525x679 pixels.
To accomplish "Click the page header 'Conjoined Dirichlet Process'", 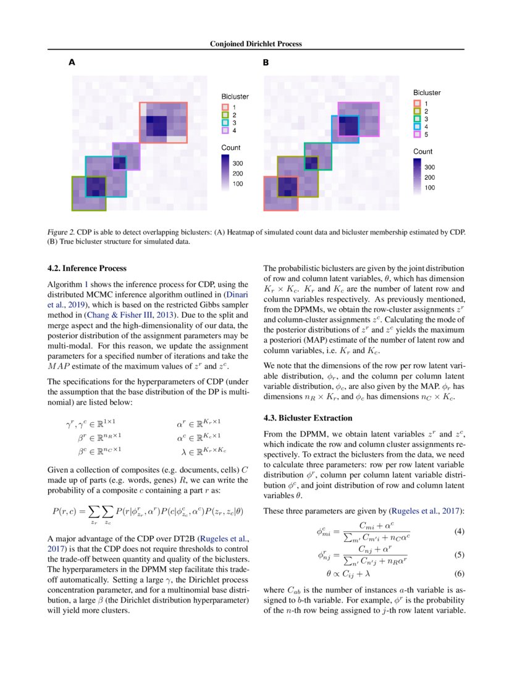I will [x=256, y=44].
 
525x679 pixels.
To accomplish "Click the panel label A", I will [x=72, y=62].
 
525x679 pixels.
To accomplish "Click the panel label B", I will [x=266, y=62].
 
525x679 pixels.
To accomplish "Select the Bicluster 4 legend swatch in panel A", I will [x=225, y=131].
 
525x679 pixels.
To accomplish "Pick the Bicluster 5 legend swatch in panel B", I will [x=417, y=134].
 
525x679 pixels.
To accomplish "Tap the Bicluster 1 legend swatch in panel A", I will [x=225, y=107].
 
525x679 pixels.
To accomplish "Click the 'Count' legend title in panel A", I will [x=231, y=148].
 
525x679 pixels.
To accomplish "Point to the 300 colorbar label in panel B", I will [x=430, y=167].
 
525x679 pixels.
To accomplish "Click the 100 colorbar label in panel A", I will [x=238, y=184].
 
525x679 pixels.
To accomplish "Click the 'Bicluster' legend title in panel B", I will [x=427, y=93].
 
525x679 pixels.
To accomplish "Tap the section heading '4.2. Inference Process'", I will [x=87, y=269].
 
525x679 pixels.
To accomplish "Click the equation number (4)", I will [x=459, y=531].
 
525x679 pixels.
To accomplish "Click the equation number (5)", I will [x=459, y=554].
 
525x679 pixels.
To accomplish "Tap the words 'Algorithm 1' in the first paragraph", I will [x=68, y=284].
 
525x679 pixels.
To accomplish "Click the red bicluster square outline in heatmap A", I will [x=163, y=102].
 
